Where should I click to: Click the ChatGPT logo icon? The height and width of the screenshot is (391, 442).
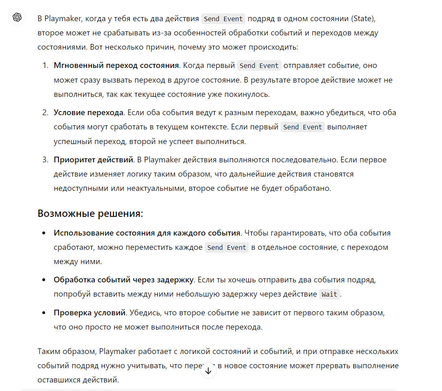pyautogui.click(x=17, y=17)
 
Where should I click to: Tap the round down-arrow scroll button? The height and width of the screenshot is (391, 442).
pyautogui.click(x=209, y=371)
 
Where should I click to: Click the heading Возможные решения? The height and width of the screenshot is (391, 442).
pyautogui.click(x=90, y=214)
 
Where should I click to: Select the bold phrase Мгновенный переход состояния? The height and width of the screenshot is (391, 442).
pyautogui.click(x=116, y=66)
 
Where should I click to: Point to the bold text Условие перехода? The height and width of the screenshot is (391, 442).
pyautogui.click(x=88, y=113)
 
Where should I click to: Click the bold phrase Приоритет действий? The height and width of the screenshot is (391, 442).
pyautogui.click(x=94, y=160)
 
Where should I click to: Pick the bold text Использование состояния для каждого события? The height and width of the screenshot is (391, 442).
pyautogui.click(x=147, y=233)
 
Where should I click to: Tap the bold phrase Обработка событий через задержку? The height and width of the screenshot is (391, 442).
pyautogui.click(x=124, y=280)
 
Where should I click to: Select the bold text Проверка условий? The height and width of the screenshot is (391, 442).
pyautogui.click(x=89, y=313)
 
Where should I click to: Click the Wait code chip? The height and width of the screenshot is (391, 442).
pyautogui.click(x=329, y=295)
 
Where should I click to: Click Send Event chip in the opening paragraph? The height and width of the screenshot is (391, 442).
pyautogui.click(x=223, y=19)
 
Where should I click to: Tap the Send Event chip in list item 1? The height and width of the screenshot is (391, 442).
pyautogui.click(x=259, y=66)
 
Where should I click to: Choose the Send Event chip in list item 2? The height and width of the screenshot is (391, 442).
pyautogui.click(x=303, y=127)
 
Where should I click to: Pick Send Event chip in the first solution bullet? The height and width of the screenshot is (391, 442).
pyautogui.click(x=226, y=247)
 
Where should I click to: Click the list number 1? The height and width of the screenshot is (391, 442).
pyautogui.click(x=45, y=66)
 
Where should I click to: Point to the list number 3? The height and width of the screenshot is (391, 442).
pyautogui.click(x=45, y=160)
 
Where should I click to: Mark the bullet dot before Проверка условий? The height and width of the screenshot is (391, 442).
pyautogui.click(x=44, y=313)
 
